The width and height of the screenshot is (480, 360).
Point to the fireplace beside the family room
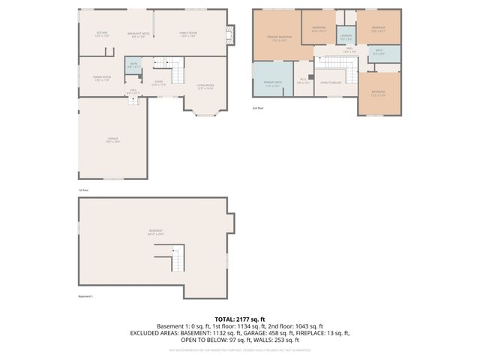coord(231,33)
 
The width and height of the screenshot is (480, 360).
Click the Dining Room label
coord(102,79)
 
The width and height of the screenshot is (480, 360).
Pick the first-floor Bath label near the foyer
coord(132,65)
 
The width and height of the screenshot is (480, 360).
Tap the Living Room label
coord(205,87)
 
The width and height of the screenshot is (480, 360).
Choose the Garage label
coord(112,140)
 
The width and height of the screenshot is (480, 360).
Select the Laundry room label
coord(346,38)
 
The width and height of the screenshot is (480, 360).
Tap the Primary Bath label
coord(274,84)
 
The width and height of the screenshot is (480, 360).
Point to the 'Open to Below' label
coord(331,82)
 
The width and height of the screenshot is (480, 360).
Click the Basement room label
coord(155,231)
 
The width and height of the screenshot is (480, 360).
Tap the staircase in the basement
coord(179,260)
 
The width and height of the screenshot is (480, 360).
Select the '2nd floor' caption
coord(259,109)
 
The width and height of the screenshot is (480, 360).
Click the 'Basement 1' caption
coord(86,297)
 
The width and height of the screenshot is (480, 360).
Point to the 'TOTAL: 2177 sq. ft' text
coord(240,319)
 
